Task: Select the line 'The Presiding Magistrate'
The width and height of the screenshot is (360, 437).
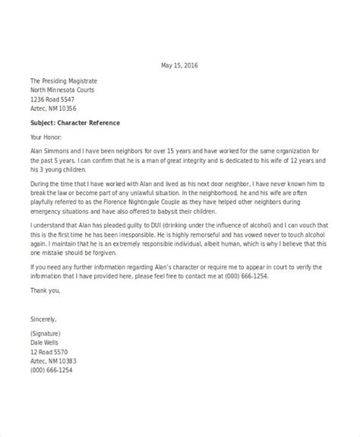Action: pos(63,80)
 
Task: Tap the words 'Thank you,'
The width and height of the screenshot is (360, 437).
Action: pos(45,291)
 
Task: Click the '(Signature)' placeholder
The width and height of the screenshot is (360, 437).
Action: pos(49,334)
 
